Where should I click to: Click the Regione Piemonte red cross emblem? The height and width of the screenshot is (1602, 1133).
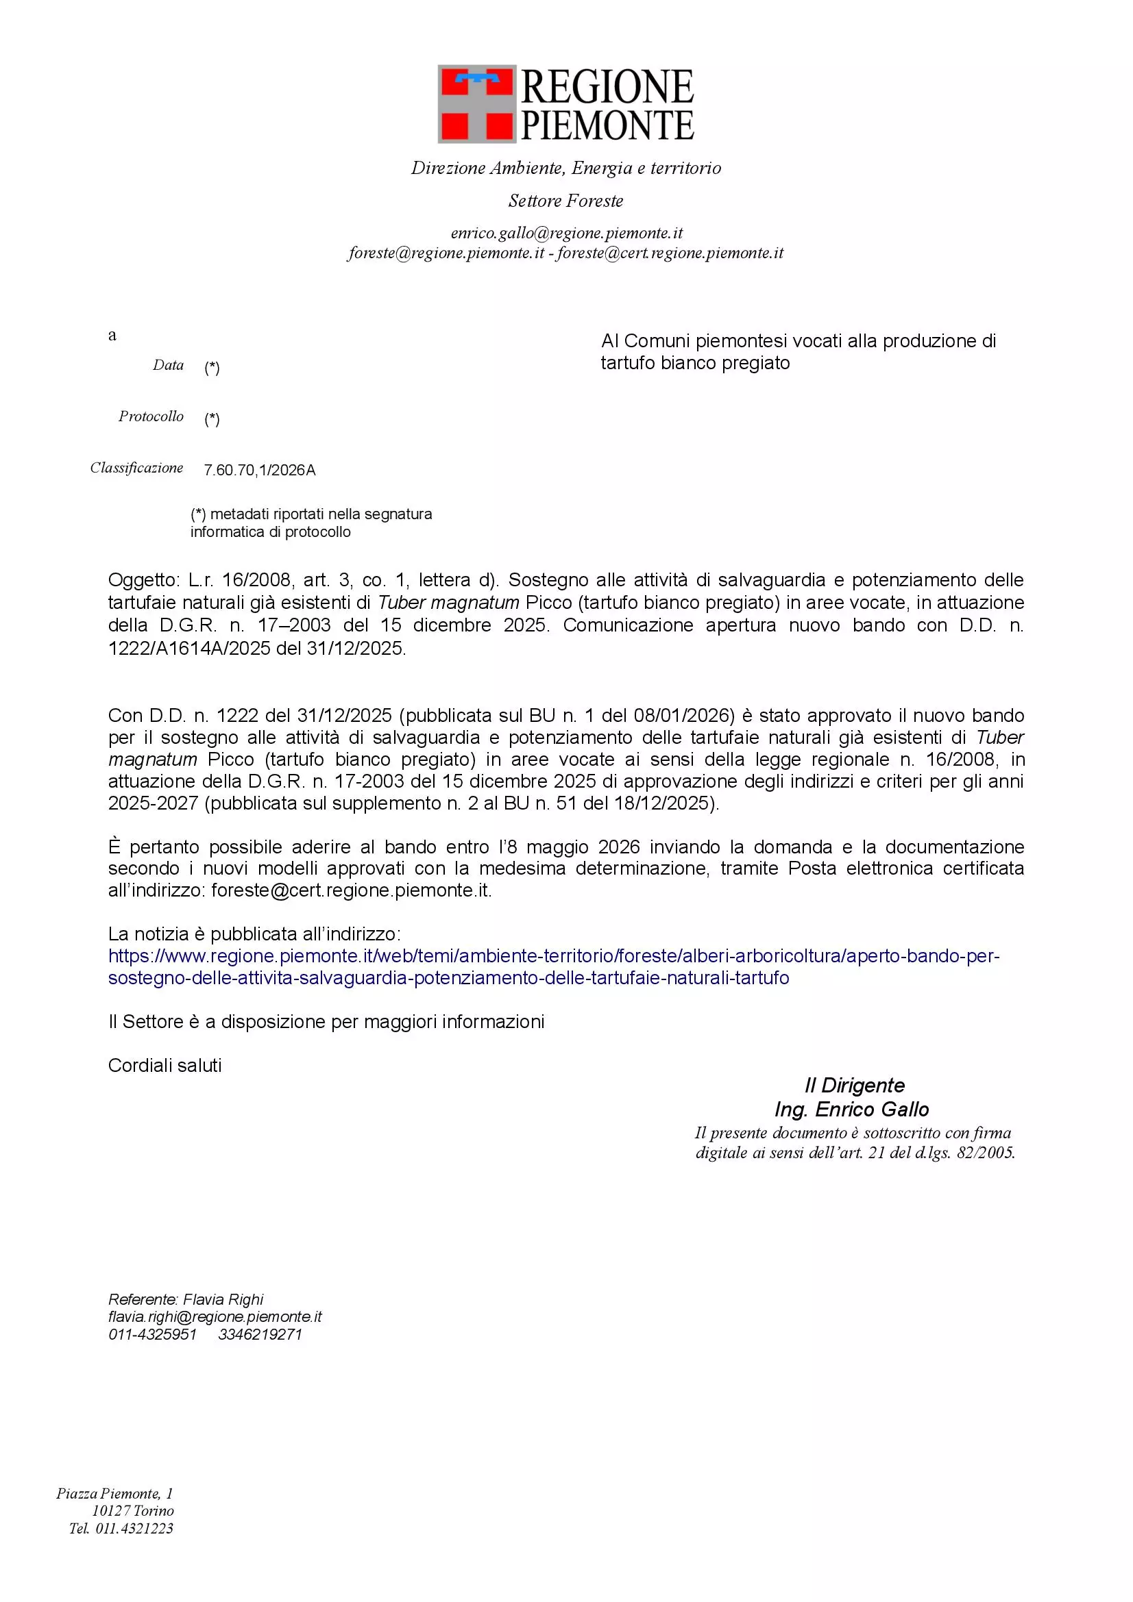click(x=477, y=105)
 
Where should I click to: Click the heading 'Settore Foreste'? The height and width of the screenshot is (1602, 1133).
click(x=565, y=201)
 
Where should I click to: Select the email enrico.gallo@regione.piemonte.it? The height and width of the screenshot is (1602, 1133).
click(x=566, y=233)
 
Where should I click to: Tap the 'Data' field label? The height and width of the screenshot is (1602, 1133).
click(x=168, y=365)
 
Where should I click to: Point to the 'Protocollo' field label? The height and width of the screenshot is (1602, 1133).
click(x=151, y=416)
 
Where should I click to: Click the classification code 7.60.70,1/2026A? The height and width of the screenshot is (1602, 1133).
click(x=260, y=471)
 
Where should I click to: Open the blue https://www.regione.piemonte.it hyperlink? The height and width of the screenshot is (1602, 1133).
click(x=554, y=956)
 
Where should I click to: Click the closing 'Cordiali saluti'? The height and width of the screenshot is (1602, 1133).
click(x=165, y=1066)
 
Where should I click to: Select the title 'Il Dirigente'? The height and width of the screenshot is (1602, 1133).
click(x=854, y=1086)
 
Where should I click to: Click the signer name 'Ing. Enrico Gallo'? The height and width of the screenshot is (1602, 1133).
click(x=852, y=1110)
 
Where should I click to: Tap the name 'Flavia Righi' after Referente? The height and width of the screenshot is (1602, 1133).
click(x=223, y=1299)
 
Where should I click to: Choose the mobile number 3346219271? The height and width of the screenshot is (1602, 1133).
click(x=260, y=1334)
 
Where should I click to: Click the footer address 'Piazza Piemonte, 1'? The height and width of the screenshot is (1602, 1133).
click(x=114, y=1493)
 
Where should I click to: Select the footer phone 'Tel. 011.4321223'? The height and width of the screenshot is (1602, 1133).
click(x=121, y=1528)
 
